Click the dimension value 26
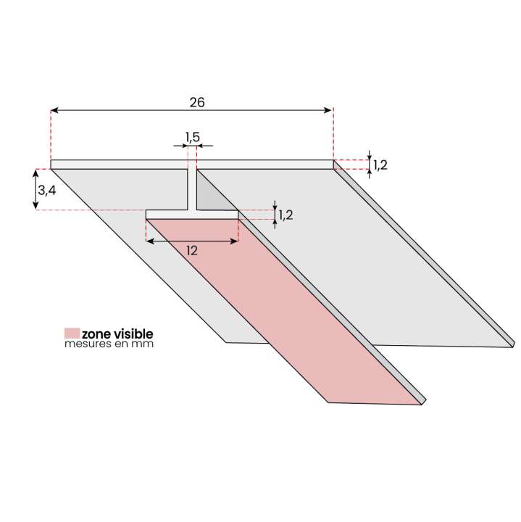click(x=196, y=102)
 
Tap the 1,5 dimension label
click(x=193, y=136)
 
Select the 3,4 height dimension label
click(x=46, y=191)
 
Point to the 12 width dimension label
click(x=192, y=251)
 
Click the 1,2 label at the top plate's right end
click(x=380, y=165)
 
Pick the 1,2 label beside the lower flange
click(x=285, y=215)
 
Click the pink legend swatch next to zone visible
click(x=72, y=333)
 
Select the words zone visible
click(x=117, y=333)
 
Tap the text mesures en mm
click(x=109, y=344)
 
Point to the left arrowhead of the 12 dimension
click(x=150, y=241)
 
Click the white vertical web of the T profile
click(x=193, y=190)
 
